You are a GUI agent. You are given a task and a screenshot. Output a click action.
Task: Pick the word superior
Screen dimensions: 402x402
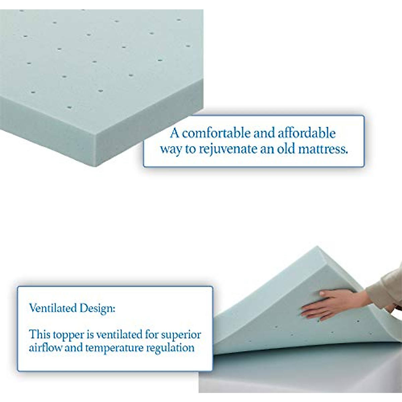click(181, 335)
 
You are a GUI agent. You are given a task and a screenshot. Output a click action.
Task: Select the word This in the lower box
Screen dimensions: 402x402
click(39, 334)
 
